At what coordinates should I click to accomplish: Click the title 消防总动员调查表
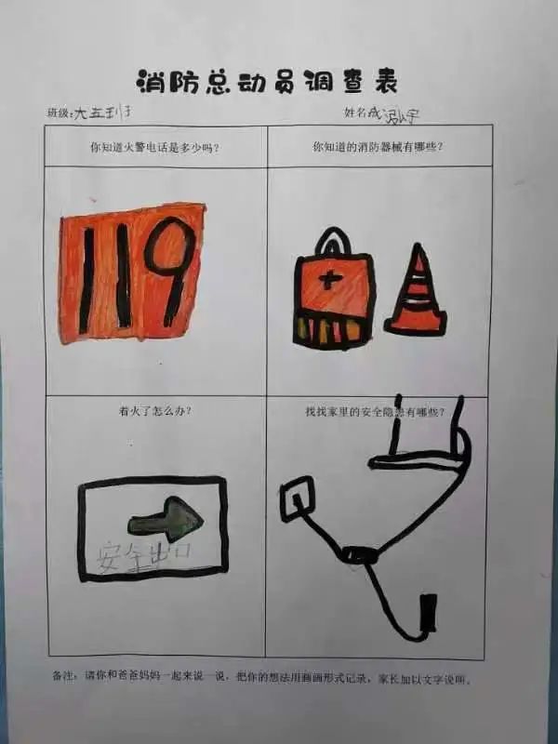click(x=267, y=82)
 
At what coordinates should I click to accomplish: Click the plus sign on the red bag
click(x=330, y=279)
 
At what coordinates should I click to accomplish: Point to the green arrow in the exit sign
click(x=171, y=513)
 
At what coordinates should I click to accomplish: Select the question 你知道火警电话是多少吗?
click(x=154, y=147)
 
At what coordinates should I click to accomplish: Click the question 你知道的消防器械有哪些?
click(x=378, y=147)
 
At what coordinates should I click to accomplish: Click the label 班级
click(x=59, y=113)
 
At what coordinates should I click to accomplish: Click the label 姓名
click(x=354, y=113)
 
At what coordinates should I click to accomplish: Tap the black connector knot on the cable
click(x=359, y=555)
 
